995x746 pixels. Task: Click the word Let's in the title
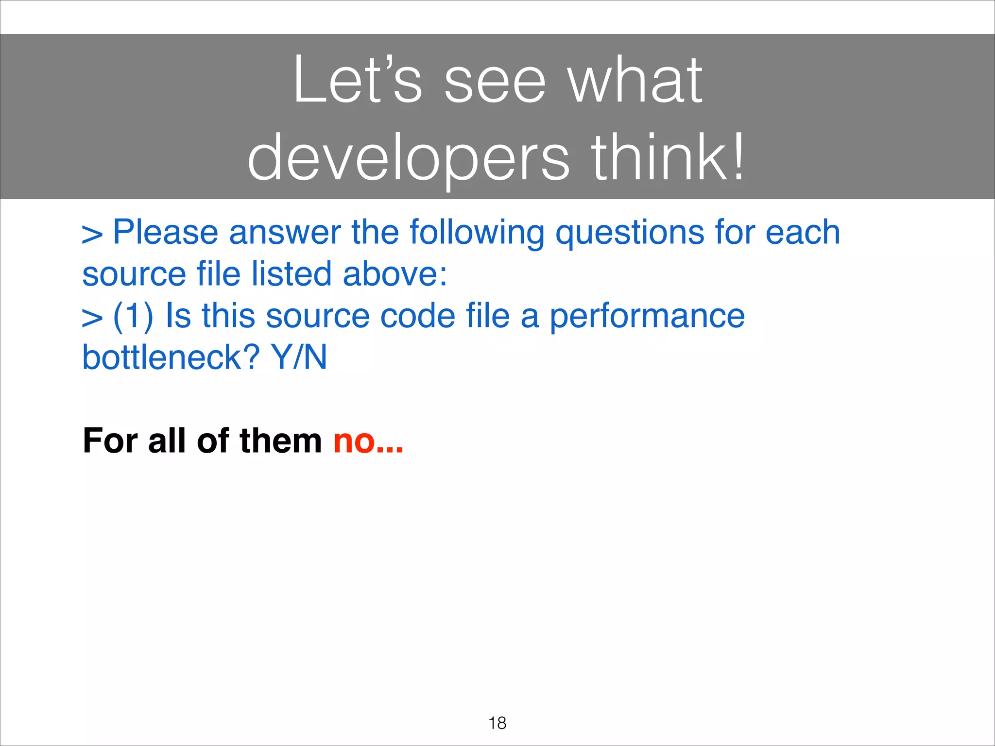coord(357,80)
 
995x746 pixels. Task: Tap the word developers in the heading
coord(408,158)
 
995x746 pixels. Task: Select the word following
coord(477,233)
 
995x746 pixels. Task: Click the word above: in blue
coord(395,274)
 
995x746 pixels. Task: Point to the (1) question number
coord(133,316)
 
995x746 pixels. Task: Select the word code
coord(417,316)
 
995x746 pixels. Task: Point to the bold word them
coord(280,441)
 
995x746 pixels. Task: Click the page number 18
coord(497,723)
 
